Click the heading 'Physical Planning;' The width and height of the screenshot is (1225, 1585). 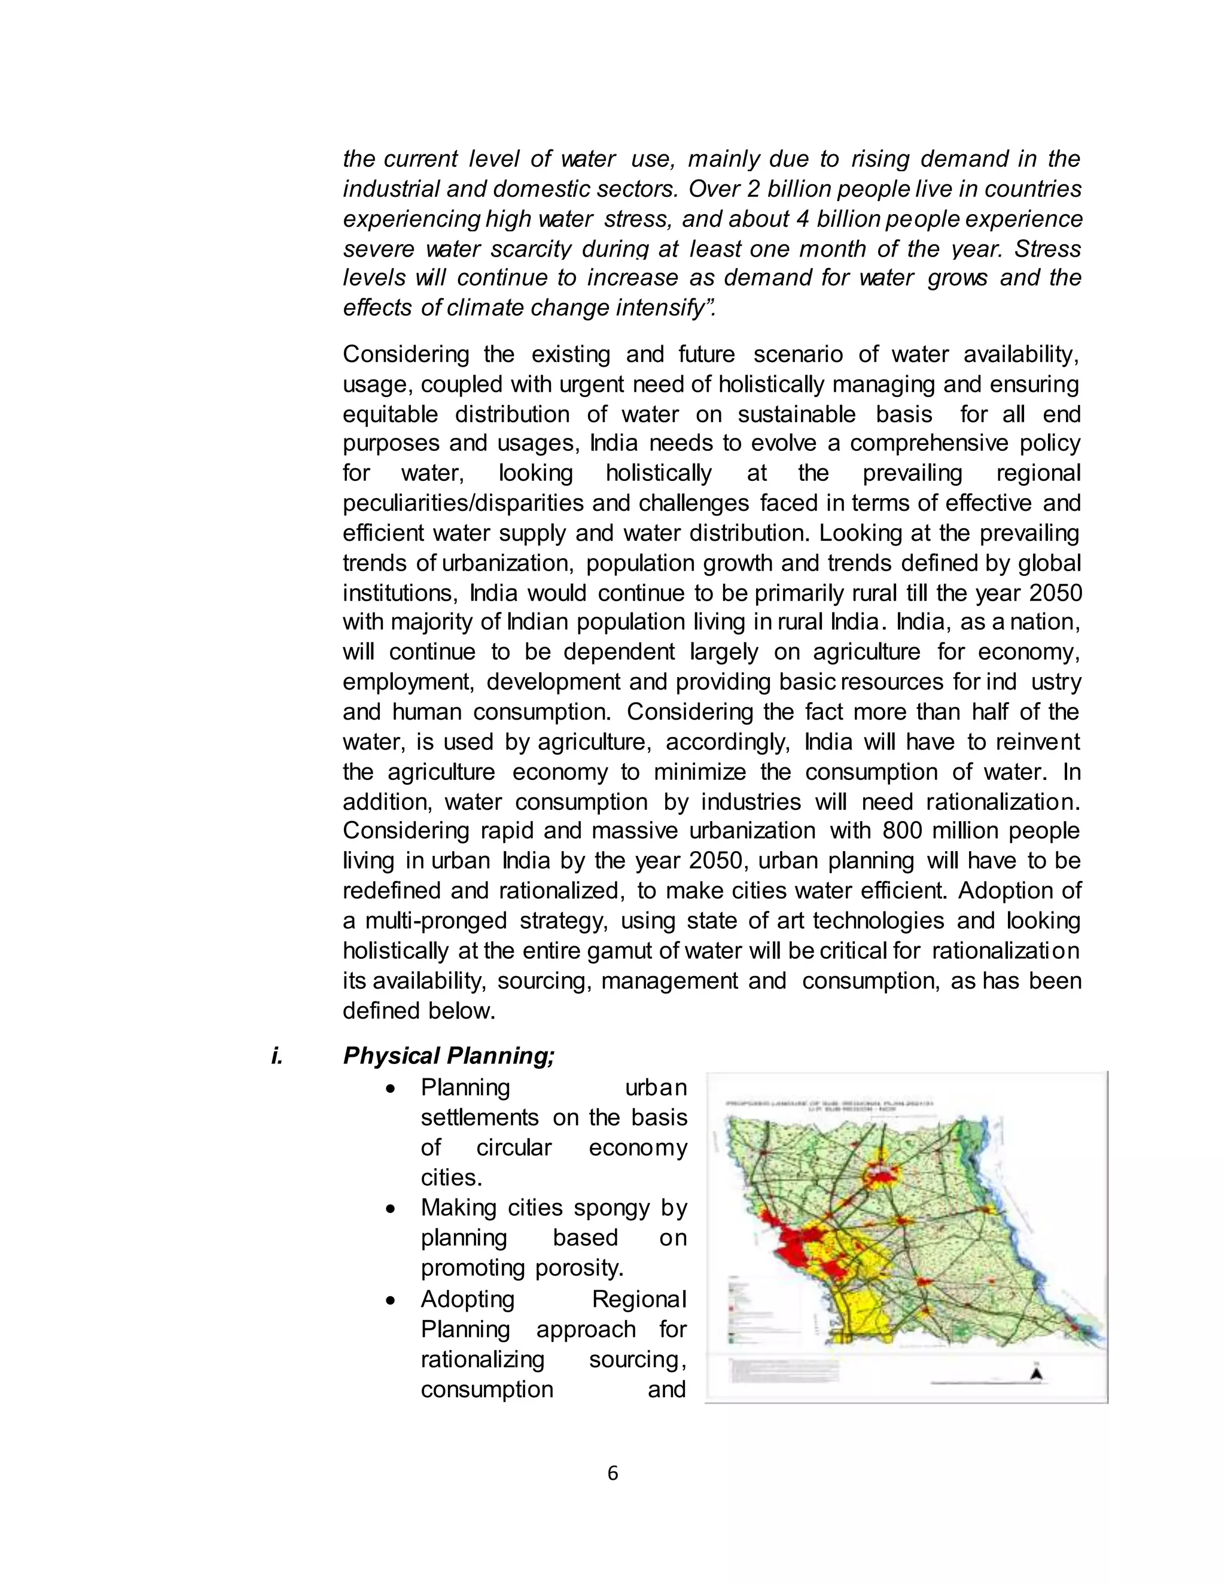click(x=449, y=1055)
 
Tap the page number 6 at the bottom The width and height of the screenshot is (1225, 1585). click(x=612, y=1473)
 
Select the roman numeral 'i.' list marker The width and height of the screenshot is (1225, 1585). click(x=276, y=1055)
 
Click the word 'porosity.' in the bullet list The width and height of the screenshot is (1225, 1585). click(x=522, y=1268)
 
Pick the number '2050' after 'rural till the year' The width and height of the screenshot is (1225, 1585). click(x=1055, y=593)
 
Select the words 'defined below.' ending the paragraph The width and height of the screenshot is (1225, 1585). click(x=419, y=1010)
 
